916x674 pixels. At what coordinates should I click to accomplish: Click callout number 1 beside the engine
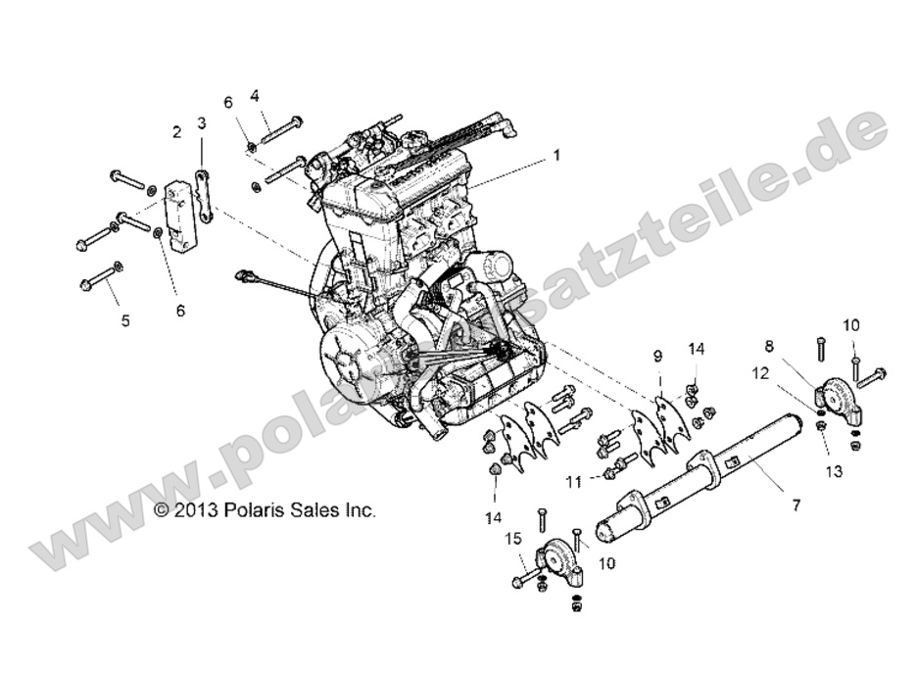click(556, 155)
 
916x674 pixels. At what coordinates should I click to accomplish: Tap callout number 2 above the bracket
click(177, 132)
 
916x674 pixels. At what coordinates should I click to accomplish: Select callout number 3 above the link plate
click(202, 123)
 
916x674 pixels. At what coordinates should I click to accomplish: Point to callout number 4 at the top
click(255, 96)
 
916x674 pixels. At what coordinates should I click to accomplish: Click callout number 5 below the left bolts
click(124, 319)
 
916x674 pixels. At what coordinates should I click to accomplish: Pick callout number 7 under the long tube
click(795, 505)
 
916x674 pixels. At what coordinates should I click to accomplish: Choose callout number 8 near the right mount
click(769, 345)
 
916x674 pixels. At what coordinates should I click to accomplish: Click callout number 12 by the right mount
click(759, 372)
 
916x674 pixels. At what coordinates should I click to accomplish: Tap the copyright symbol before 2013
click(163, 510)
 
